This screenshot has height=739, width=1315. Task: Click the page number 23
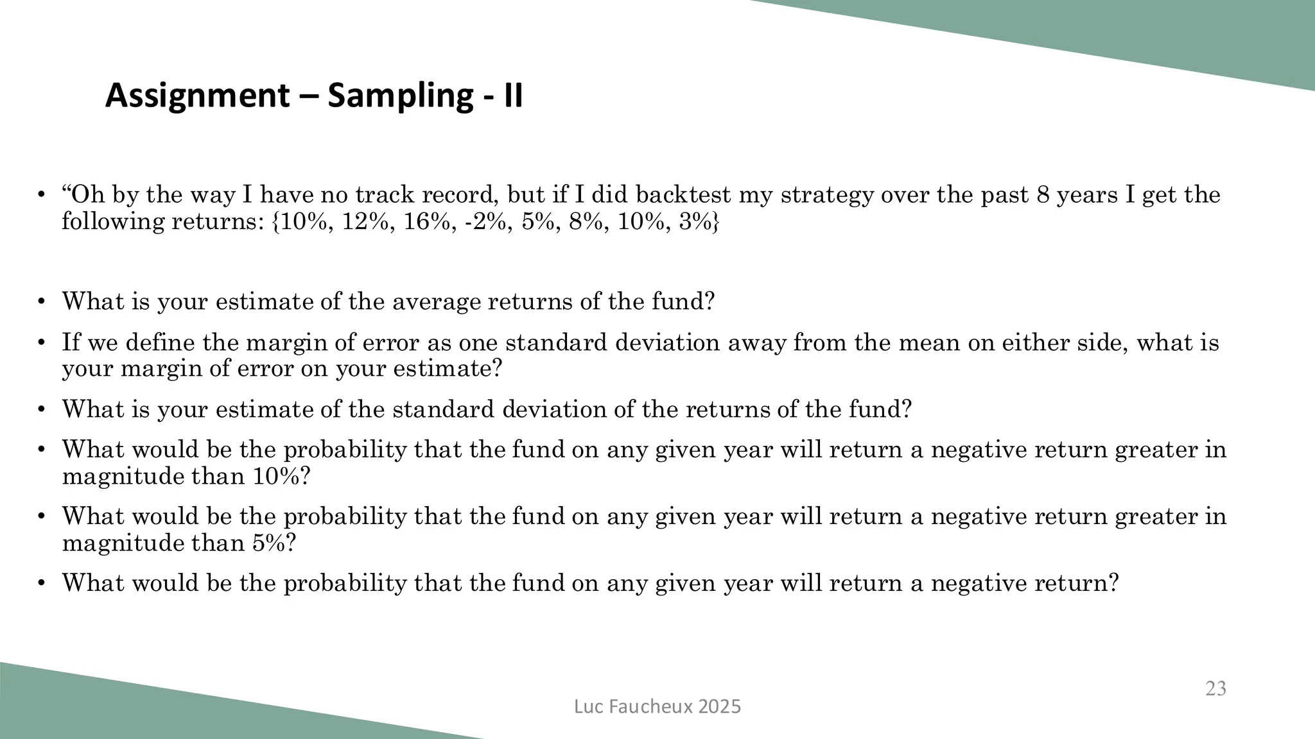1215,688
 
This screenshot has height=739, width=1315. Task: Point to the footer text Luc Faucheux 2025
657,706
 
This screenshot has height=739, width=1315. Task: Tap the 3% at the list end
699,221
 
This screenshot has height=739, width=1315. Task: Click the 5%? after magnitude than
274,543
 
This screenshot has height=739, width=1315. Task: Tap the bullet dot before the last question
41,583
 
